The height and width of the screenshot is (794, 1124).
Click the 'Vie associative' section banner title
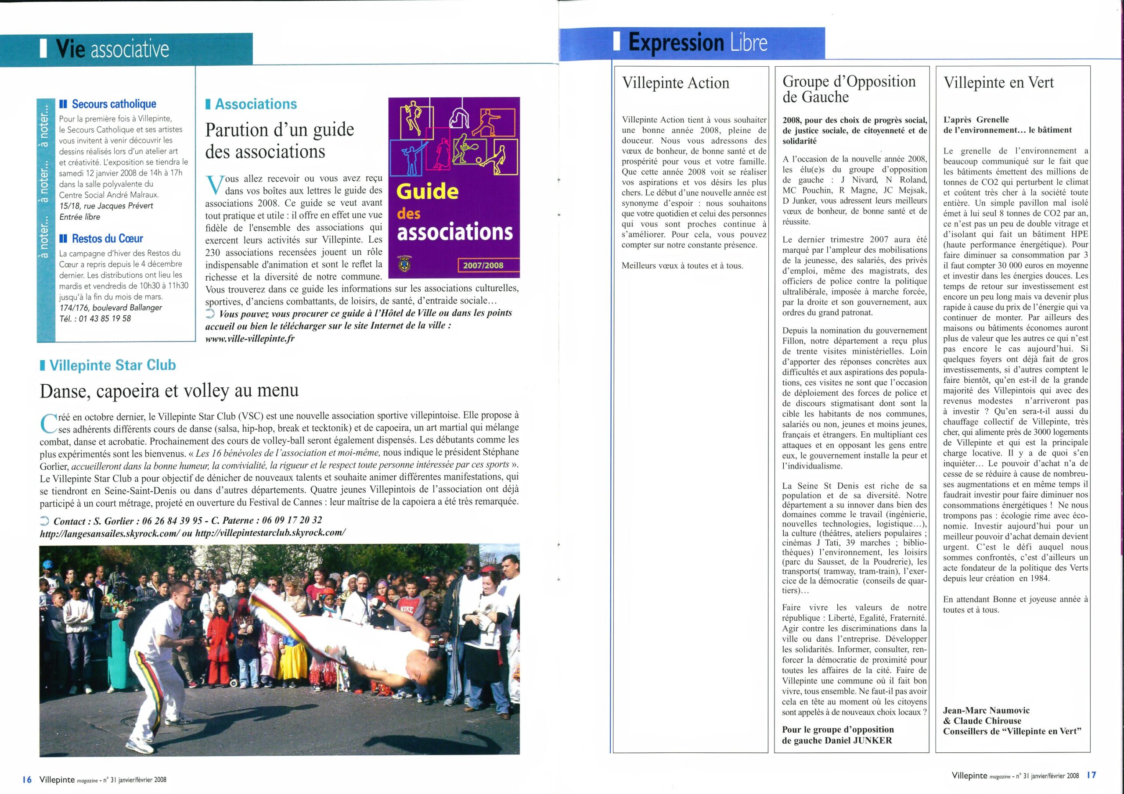click(112, 50)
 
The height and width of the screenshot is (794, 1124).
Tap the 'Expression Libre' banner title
click(697, 43)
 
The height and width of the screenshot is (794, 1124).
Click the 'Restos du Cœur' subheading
click(107, 239)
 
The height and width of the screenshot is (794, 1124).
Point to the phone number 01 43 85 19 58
click(103, 318)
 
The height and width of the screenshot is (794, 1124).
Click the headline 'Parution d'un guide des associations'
click(279, 140)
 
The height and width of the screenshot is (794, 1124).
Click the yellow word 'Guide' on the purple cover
click(427, 191)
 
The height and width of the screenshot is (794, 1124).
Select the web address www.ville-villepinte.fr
click(250, 339)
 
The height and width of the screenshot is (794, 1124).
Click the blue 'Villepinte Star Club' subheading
click(112, 365)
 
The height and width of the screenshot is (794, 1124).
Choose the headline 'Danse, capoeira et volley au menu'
click(169, 391)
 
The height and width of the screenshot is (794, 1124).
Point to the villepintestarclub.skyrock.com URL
click(270, 533)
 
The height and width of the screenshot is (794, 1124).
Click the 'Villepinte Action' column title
click(676, 83)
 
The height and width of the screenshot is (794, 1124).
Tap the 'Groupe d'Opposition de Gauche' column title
click(849, 89)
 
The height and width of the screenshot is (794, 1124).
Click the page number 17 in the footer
click(1091, 776)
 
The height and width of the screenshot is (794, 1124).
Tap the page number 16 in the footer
click(27, 780)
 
